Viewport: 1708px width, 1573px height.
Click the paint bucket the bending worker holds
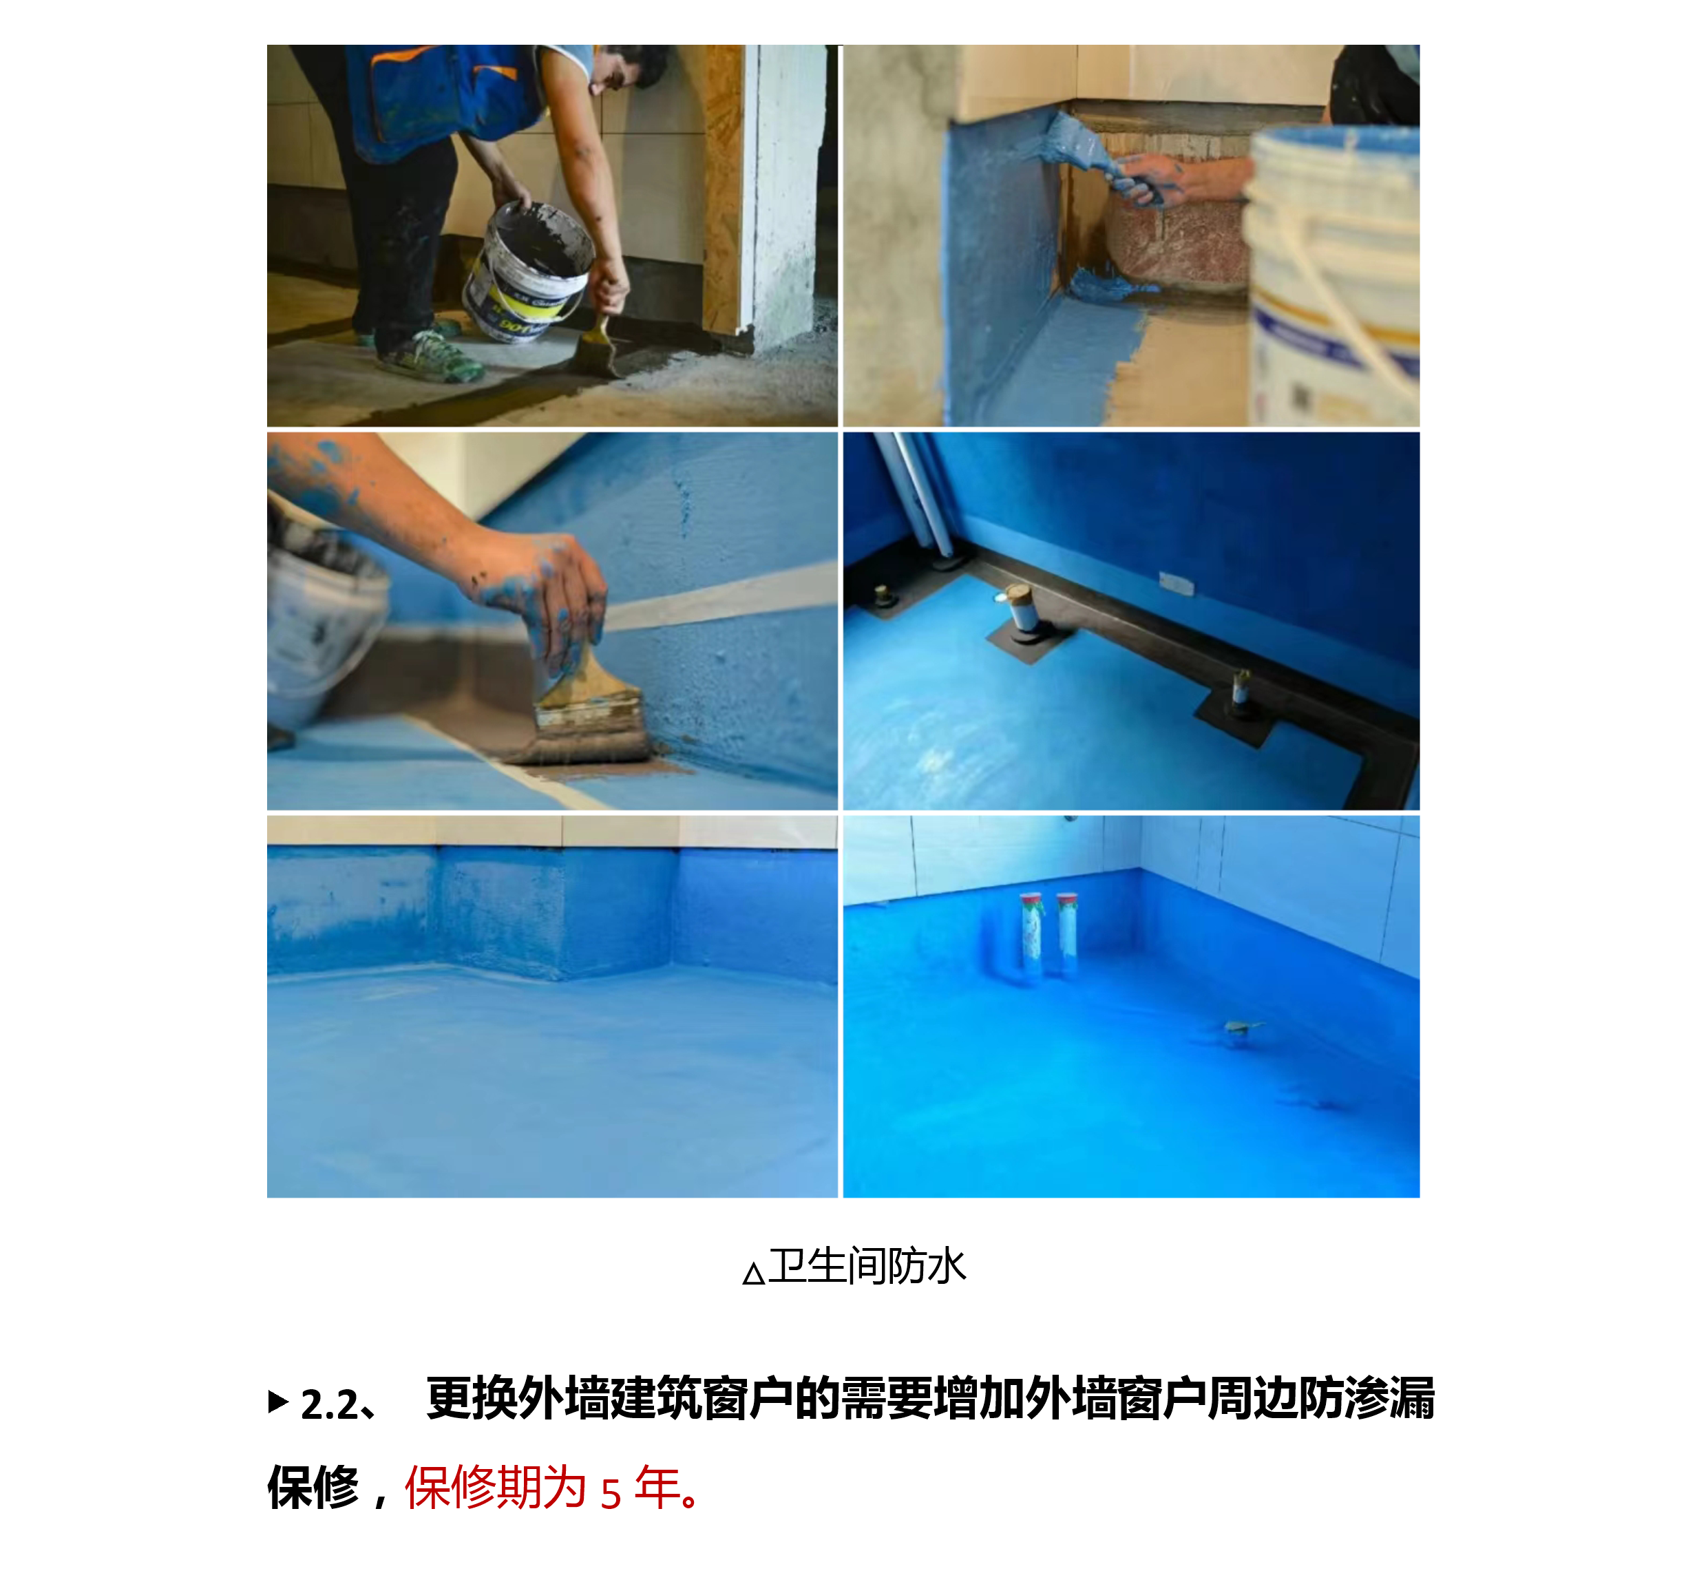[527, 271]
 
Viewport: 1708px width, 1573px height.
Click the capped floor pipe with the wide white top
[1020, 609]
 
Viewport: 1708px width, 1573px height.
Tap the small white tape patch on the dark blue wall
[1175, 583]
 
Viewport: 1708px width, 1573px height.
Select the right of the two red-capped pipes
[1066, 933]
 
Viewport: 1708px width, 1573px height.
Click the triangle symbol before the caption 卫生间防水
[753, 1274]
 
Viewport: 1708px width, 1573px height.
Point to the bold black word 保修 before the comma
[313, 1488]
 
